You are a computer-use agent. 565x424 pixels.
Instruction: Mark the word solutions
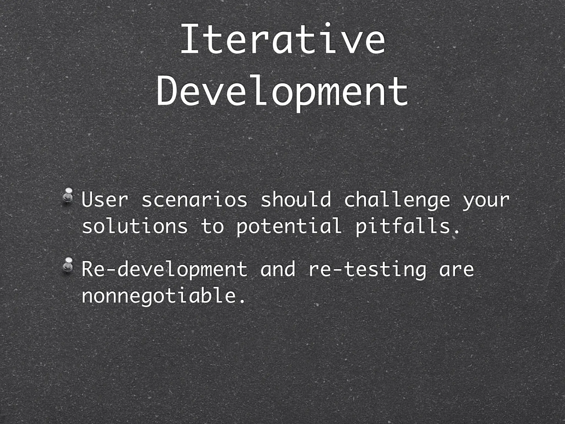click(x=135, y=226)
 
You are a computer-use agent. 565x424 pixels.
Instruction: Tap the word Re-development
click(x=164, y=269)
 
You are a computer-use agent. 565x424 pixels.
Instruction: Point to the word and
click(x=278, y=269)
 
